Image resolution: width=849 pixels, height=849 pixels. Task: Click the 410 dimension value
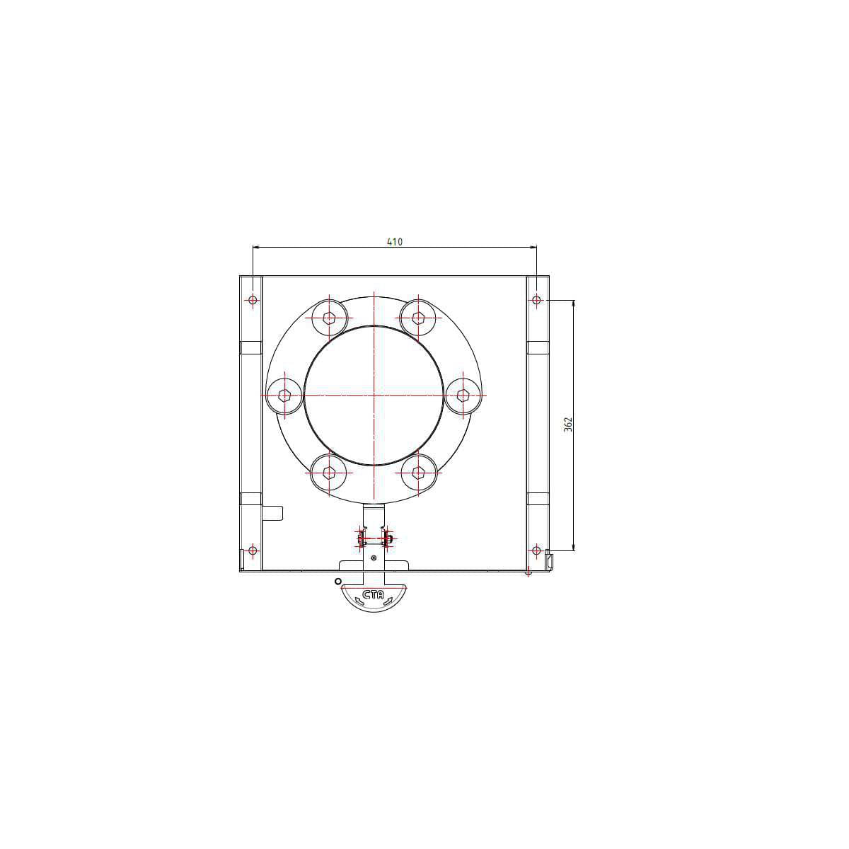(x=394, y=241)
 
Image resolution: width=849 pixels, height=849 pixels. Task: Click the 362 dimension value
(x=568, y=424)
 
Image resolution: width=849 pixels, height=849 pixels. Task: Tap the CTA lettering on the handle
(x=373, y=595)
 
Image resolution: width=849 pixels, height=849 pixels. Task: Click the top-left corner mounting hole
(x=253, y=300)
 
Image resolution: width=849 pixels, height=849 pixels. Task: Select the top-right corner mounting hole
(x=536, y=300)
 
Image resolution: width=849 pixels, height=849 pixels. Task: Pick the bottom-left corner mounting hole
(x=253, y=550)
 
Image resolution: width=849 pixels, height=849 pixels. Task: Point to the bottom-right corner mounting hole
(x=536, y=550)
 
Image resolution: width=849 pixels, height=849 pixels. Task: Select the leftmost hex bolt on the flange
(x=285, y=395)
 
